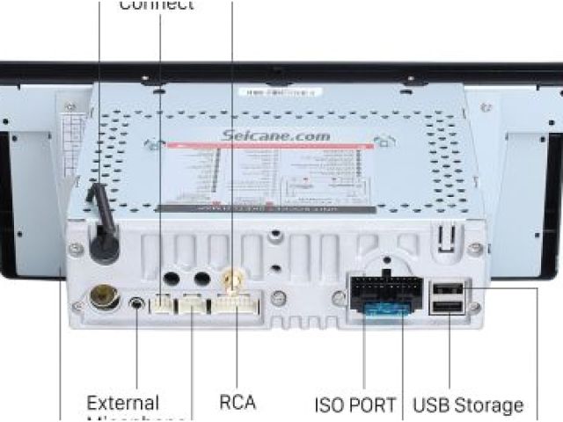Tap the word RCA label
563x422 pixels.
238,403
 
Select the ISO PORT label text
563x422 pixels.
355,405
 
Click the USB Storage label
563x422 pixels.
468,405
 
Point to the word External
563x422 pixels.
122,404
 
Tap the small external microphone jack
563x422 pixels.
137,304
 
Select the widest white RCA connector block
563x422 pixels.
235,306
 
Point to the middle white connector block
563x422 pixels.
191,305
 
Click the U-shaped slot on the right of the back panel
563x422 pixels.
447,236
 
